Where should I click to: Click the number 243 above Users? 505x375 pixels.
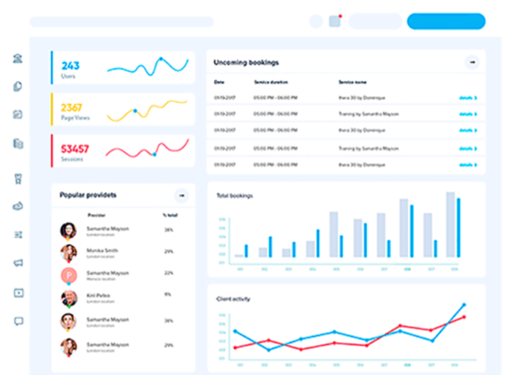click(x=71, y=66)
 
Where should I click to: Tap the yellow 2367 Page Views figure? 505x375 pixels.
click(x=72, y=107)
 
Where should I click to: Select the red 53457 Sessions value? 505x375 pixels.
click(x=75, y=149)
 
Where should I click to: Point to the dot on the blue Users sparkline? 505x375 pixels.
click(x=161, y=59)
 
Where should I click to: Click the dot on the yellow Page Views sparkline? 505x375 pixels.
click(x=135, y=111)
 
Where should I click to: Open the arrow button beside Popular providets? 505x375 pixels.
click(x=181, y=196)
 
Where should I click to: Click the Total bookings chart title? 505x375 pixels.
click(x=235, y=196)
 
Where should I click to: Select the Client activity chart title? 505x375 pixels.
click(x=233, y=299)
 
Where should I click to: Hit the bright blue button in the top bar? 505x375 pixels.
click(x=446, y=21)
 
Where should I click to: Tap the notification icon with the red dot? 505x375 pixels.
click(x=335, y=21)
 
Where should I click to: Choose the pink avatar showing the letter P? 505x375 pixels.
click(x=68, y=276)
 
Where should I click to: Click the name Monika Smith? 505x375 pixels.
click(x=102, y=250)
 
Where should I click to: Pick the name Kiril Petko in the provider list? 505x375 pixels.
click(x=100, y=295)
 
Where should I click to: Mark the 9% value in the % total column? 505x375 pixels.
click(x=168, y=295)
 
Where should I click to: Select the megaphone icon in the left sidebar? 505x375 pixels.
click(x=19, y=262)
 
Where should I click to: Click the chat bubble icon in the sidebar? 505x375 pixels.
click(x=19, y=321)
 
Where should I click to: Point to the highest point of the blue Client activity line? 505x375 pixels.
click(x=464, y=305)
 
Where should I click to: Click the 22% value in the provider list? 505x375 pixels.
click(x=169, y=273)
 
